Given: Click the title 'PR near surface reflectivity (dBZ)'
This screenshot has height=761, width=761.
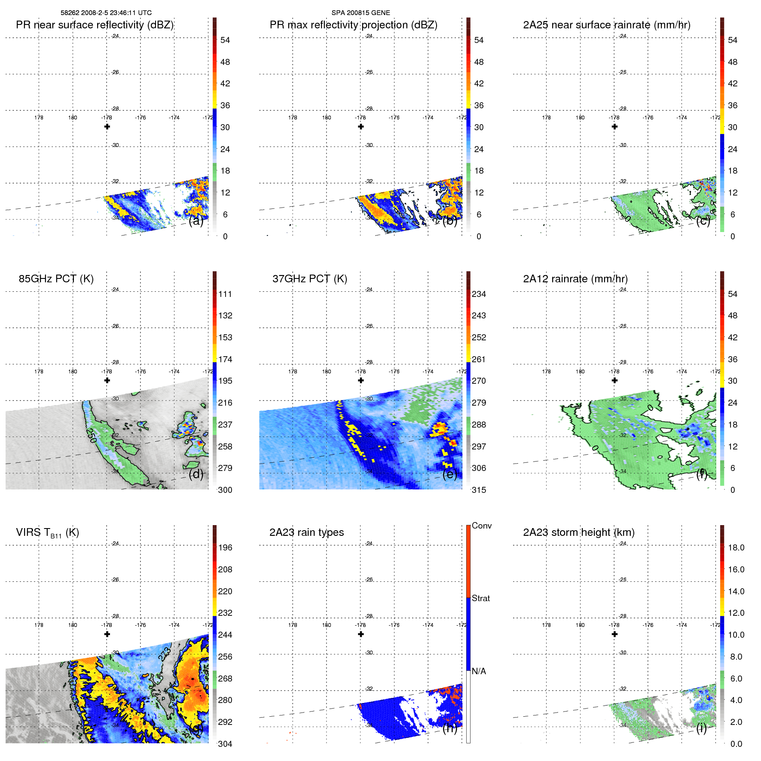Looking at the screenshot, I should pyautogui.click(x=95, y=25).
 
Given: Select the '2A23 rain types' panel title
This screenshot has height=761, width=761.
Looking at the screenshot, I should pyautogui.click(x=306, y=532).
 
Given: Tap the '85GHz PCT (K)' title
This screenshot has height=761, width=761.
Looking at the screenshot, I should pyautogui.click(x=56, y=279).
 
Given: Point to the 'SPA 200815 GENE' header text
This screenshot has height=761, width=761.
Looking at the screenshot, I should pyautogui.click(x=361, y=13).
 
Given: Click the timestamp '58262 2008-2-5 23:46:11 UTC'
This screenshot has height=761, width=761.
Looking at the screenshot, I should pyautogui.click(x=106, y=13).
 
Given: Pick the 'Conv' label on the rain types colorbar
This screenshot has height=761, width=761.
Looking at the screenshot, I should pyautogui.click(x=481, y=526).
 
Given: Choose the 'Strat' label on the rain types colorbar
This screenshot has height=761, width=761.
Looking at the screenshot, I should pyautogui.click(x=480, y=599).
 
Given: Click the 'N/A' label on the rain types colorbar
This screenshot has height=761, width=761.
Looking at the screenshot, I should pyautogui.click(x=479, y=671).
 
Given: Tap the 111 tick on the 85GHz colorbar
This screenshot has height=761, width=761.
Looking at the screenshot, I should pyautogui.click(x=225, y=294).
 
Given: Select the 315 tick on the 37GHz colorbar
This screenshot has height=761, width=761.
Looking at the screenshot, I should pyautogui.click(x=479, y=490).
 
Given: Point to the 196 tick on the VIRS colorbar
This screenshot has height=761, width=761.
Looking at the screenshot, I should pyautogui.click(x=225, y=548).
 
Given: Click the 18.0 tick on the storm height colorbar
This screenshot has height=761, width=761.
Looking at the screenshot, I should pyautogui.click(x=736, y=548).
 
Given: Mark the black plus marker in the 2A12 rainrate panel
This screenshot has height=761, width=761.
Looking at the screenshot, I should pyautogui.click(x=614, y=380).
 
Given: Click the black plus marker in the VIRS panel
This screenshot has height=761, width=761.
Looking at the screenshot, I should pyautogui.click(x=107, y=634).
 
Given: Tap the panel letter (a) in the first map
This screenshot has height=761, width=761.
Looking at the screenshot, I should pyautogui.click(x=196, y=221).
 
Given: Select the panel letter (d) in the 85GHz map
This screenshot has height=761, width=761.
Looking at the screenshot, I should pyautogui.click(x=196, y=474).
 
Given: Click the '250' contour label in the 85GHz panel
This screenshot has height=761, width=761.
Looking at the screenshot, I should pyautogui.click(x=91, y=435).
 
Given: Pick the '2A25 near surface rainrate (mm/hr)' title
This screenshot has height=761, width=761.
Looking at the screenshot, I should pyautogui.click(x=606, y=25).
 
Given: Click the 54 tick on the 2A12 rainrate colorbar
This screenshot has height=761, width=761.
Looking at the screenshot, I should pyautogui.click(x=732, y=294).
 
